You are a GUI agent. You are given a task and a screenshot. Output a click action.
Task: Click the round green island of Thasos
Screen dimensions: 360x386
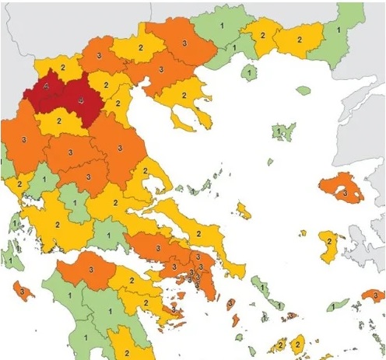point(249,72)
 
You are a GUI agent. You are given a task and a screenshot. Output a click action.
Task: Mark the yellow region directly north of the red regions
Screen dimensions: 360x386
point(64,71)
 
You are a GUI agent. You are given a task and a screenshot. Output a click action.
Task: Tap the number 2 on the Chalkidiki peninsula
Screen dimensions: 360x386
point(184,96)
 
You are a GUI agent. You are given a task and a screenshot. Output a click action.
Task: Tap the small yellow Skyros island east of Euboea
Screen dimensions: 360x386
point(244,210)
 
